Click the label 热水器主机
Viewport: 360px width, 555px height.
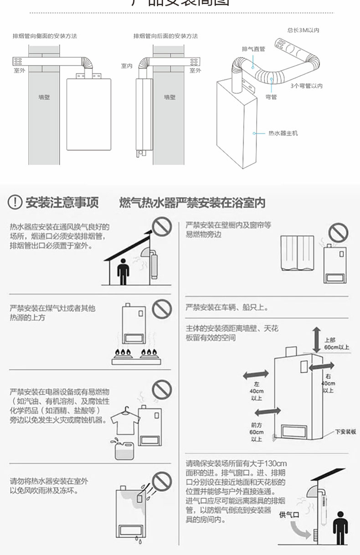coord(283,134)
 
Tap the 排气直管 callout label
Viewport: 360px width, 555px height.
coord(253,49)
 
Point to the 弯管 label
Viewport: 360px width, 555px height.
coord(271,97)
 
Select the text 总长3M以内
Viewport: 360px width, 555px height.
coord(303,31)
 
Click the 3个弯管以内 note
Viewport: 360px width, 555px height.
coord(306,86)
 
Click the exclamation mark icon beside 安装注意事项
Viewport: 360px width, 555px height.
coord(16,202)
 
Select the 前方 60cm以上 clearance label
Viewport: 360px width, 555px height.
coord(257,431)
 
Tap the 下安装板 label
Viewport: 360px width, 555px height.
coord(345,431)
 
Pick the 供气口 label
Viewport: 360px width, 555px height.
coord(288,514)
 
